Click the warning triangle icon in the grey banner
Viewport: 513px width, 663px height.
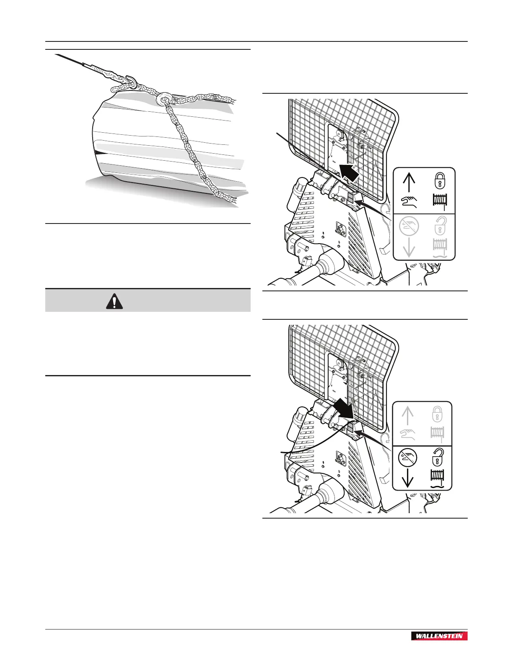click(115, 301)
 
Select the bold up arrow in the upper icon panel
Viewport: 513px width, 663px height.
click(409, 182)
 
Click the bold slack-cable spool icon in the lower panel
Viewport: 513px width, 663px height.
click(438, 478)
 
